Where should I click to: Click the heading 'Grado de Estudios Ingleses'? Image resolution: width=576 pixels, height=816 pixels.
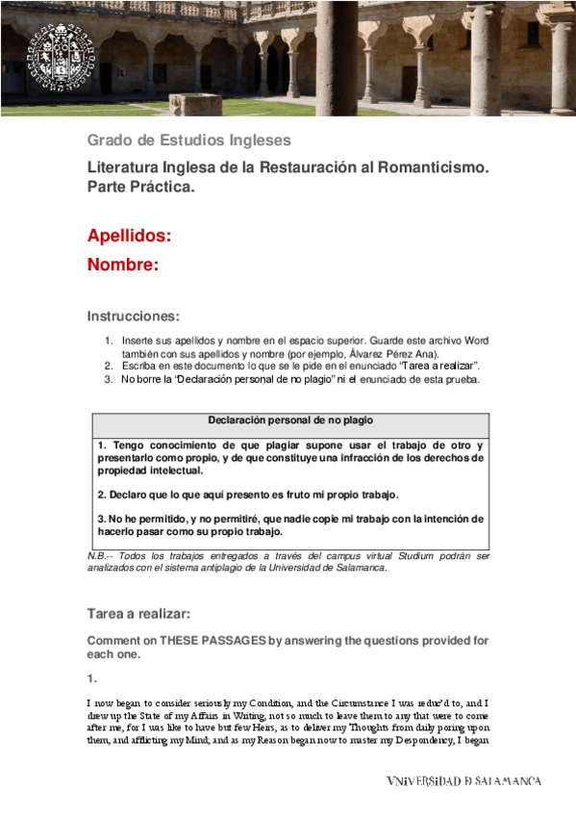coord(188,140)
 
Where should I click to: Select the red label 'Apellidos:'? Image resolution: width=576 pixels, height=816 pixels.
coord(130,236)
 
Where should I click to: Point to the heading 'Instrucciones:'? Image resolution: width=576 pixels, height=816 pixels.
coord(133,316)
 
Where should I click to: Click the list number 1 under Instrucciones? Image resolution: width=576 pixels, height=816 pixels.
coord(109,341)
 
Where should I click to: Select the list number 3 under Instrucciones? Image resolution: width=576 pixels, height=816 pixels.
coord(109,379)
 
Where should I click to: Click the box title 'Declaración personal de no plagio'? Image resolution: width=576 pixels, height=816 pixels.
coord(290,421)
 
